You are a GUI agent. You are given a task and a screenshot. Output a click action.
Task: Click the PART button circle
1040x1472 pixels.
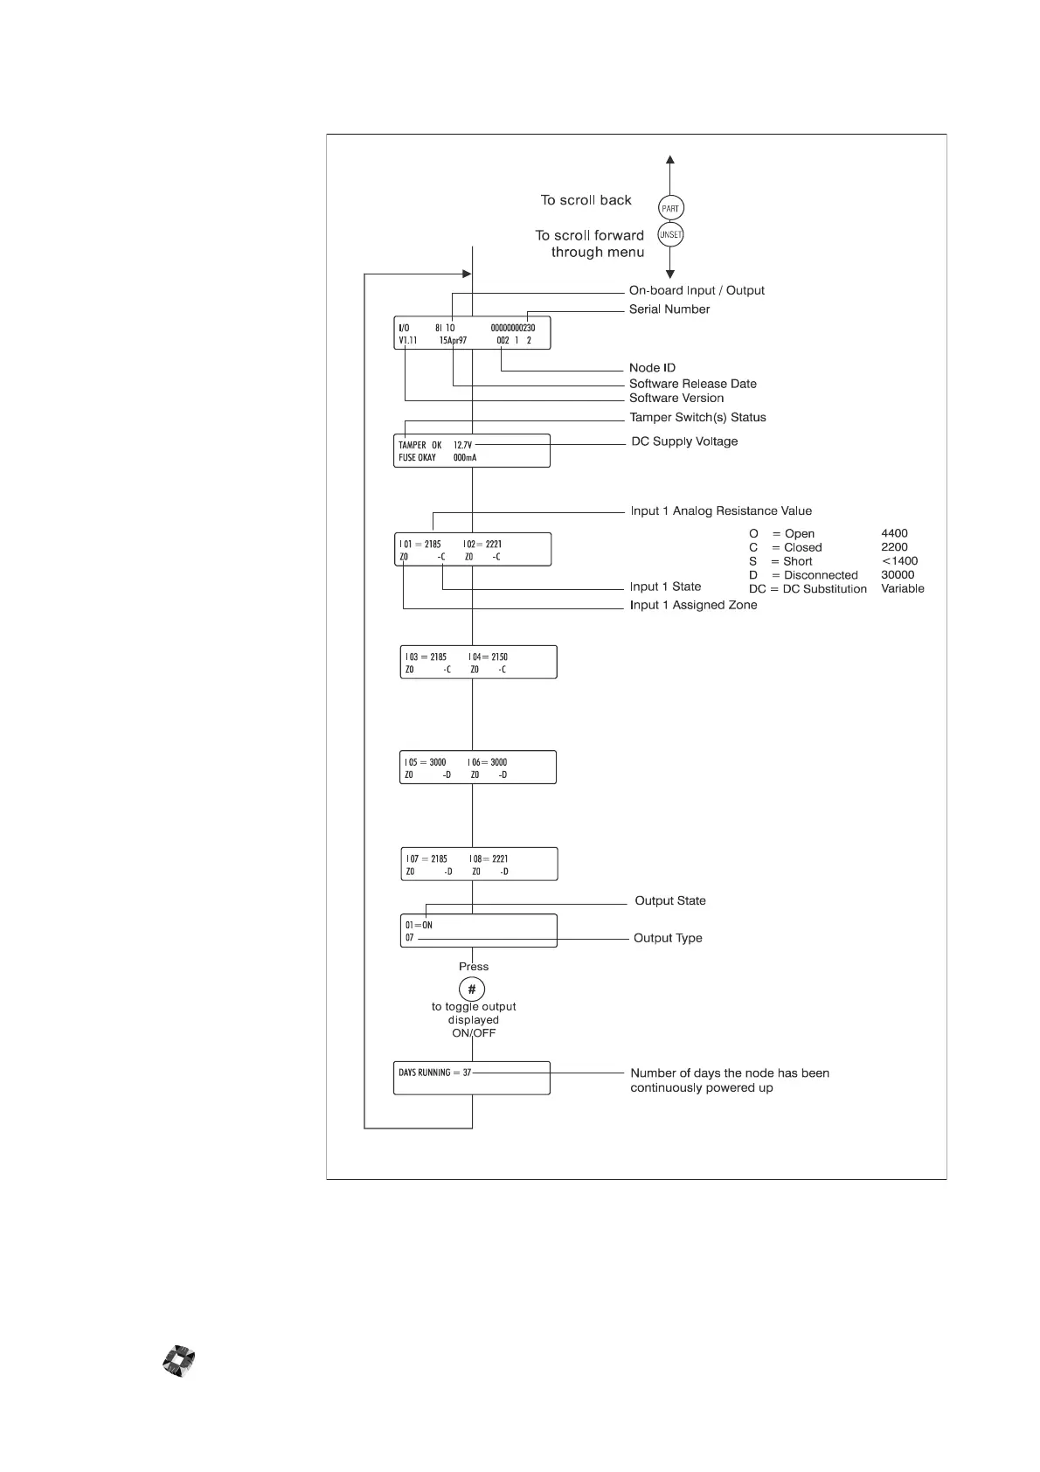point(670,208)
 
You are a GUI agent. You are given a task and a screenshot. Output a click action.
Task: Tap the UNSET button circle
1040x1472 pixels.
point(670,235)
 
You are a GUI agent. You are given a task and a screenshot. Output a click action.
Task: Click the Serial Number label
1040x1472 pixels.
point(669,309)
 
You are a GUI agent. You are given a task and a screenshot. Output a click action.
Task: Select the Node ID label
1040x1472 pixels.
point(652,368)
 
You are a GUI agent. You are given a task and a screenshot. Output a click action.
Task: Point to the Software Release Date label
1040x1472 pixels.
point(692,384)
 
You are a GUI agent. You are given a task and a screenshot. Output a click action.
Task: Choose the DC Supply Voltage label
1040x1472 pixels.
point(684,441)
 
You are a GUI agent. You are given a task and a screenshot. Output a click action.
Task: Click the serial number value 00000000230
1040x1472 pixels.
point(512,328)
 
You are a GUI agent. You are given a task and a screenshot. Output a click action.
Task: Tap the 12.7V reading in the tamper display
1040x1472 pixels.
point(462,445)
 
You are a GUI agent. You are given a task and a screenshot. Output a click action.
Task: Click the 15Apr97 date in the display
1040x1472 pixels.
point(453,341)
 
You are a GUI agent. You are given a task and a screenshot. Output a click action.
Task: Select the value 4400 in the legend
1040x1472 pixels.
point(894,533)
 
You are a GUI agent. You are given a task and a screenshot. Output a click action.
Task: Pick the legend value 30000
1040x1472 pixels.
point(898,575)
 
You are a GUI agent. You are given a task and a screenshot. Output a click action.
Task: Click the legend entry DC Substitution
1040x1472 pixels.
point(808,589)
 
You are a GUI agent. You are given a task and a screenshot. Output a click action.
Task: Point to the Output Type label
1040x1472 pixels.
point(668,939)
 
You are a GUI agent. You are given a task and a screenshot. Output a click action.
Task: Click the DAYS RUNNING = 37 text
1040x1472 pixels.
point(434,1073)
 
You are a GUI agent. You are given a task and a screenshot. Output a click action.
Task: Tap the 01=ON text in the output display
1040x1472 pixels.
point(419,925)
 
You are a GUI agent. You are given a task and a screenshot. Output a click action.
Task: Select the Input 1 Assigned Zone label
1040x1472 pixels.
point(693,605)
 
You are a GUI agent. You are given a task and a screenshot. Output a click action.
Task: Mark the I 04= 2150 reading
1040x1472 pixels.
point(488,656)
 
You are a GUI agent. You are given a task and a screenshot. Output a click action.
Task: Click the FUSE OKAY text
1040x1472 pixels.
point(417,458)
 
